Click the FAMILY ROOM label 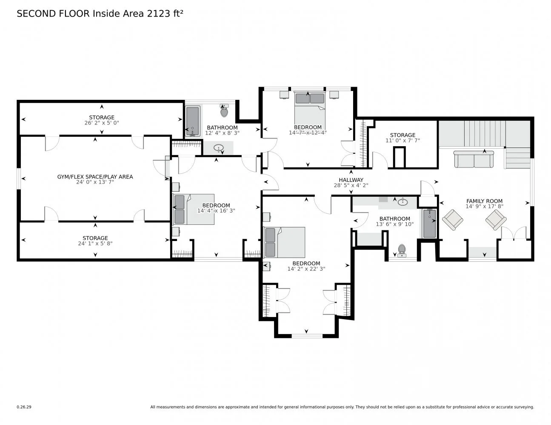click(484, 201)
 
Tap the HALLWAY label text click(351, 180)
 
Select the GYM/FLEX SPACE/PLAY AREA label click(95, 177)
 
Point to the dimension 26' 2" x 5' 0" click(102, 123)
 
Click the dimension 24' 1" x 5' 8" click(95, 244)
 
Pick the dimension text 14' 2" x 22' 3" click(306, 269)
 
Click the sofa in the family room click(473, 159)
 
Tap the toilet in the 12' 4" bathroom click(224, 111)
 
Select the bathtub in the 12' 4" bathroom click(193, 121)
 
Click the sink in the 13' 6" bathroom click(403, 202)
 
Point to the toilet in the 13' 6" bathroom click(401, 250)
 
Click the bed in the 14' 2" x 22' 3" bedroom click(284, 242)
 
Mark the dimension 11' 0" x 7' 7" click(403, 140)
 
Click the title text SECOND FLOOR click(53, 14)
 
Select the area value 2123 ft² click(165, 14)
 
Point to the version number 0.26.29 click(24, 407)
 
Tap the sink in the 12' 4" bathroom click(219, 148)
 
